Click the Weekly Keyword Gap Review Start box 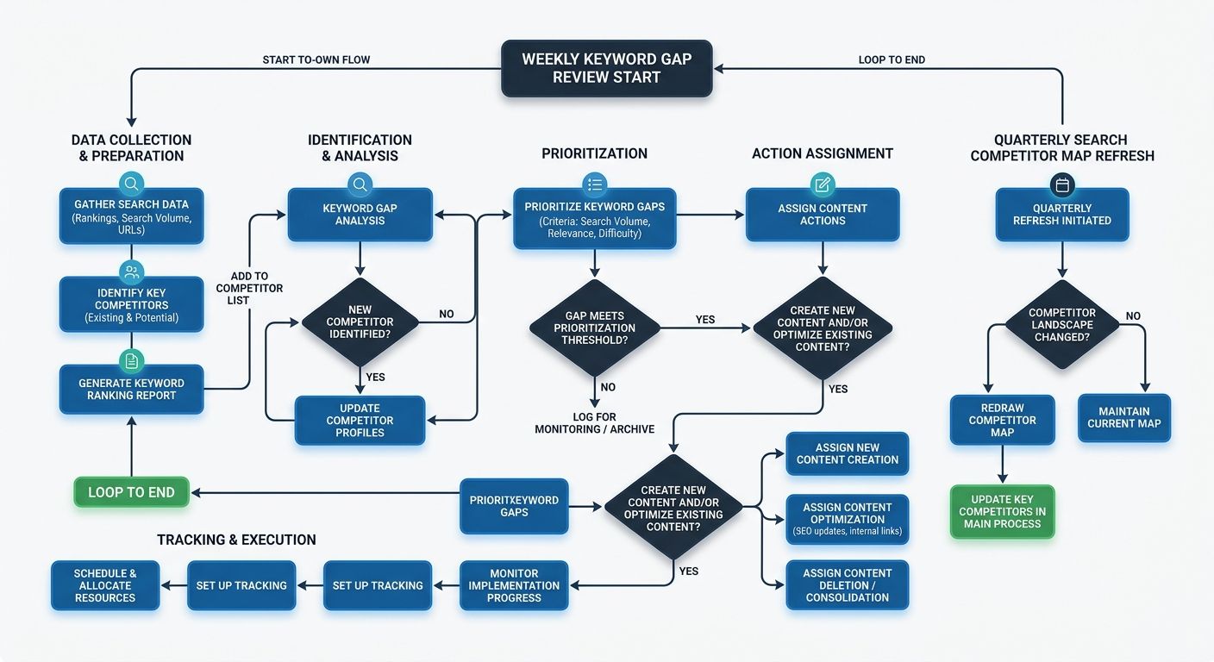click(x=606, y=69)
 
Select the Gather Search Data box click(x=132, y=217)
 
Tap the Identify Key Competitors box click(x=132, y=305)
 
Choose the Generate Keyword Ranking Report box click(x=132, y=390)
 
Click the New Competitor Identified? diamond click(x=360, y=322)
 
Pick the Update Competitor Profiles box click(x=360, y=421)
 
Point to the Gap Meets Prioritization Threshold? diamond click(x=594, y=328)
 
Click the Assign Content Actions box click(x=822, y=215)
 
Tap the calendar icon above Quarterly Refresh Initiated click(x=1062, y=184)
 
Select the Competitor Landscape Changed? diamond click(x=1062, y=325)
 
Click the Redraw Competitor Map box click(x=1002, y=420)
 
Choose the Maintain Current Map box click(x=1123, y=418)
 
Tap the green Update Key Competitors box click(x=1002, y=512)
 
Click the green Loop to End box click(x=132, y=492)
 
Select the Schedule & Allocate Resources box click(x=105, y=586)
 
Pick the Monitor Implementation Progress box click(x=514, y=586)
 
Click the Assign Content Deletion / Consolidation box click(x=847, y=585)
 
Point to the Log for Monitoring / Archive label click(x=594, y=422)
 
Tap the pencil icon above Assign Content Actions click(x=823, y=184)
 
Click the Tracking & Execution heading click(x=236, y=540)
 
